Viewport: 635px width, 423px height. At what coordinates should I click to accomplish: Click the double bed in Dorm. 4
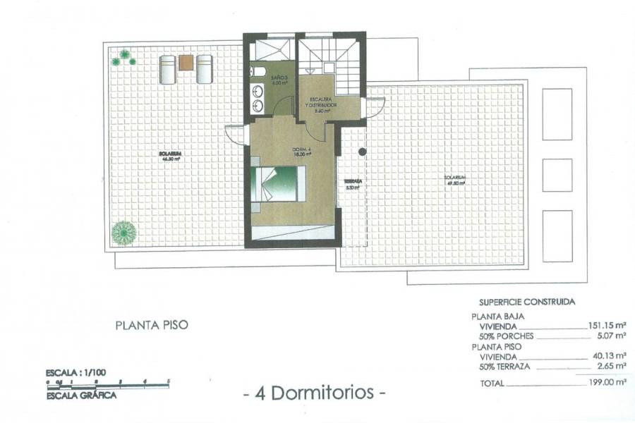(x=279, y=184)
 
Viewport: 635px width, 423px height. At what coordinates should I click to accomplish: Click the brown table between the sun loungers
(x=186, y=63)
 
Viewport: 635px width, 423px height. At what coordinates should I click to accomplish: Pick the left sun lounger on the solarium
(x=167, y=69)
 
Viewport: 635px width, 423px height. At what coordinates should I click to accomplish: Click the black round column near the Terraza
(x=362, y=152)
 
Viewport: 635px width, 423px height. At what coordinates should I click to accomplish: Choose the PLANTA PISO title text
(x=152, y=326)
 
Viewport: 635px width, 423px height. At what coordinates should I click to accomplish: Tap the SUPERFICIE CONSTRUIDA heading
(x=526, y=302)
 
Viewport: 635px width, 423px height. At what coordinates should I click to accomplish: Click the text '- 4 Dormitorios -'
(x=314, y=393)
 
